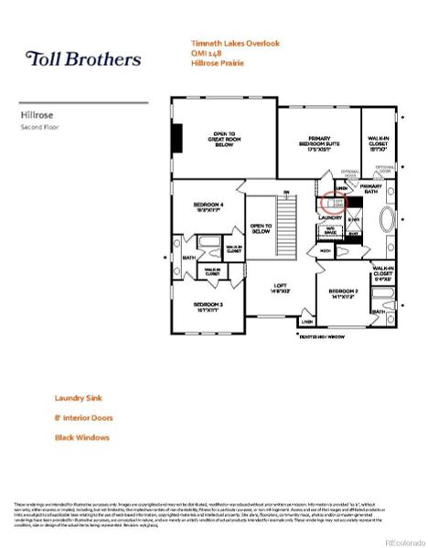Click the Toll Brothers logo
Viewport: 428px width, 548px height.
click(x=82, y=59)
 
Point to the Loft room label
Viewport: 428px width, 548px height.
click(x=280, y=289)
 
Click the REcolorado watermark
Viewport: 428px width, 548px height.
click(x=399, y=540)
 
